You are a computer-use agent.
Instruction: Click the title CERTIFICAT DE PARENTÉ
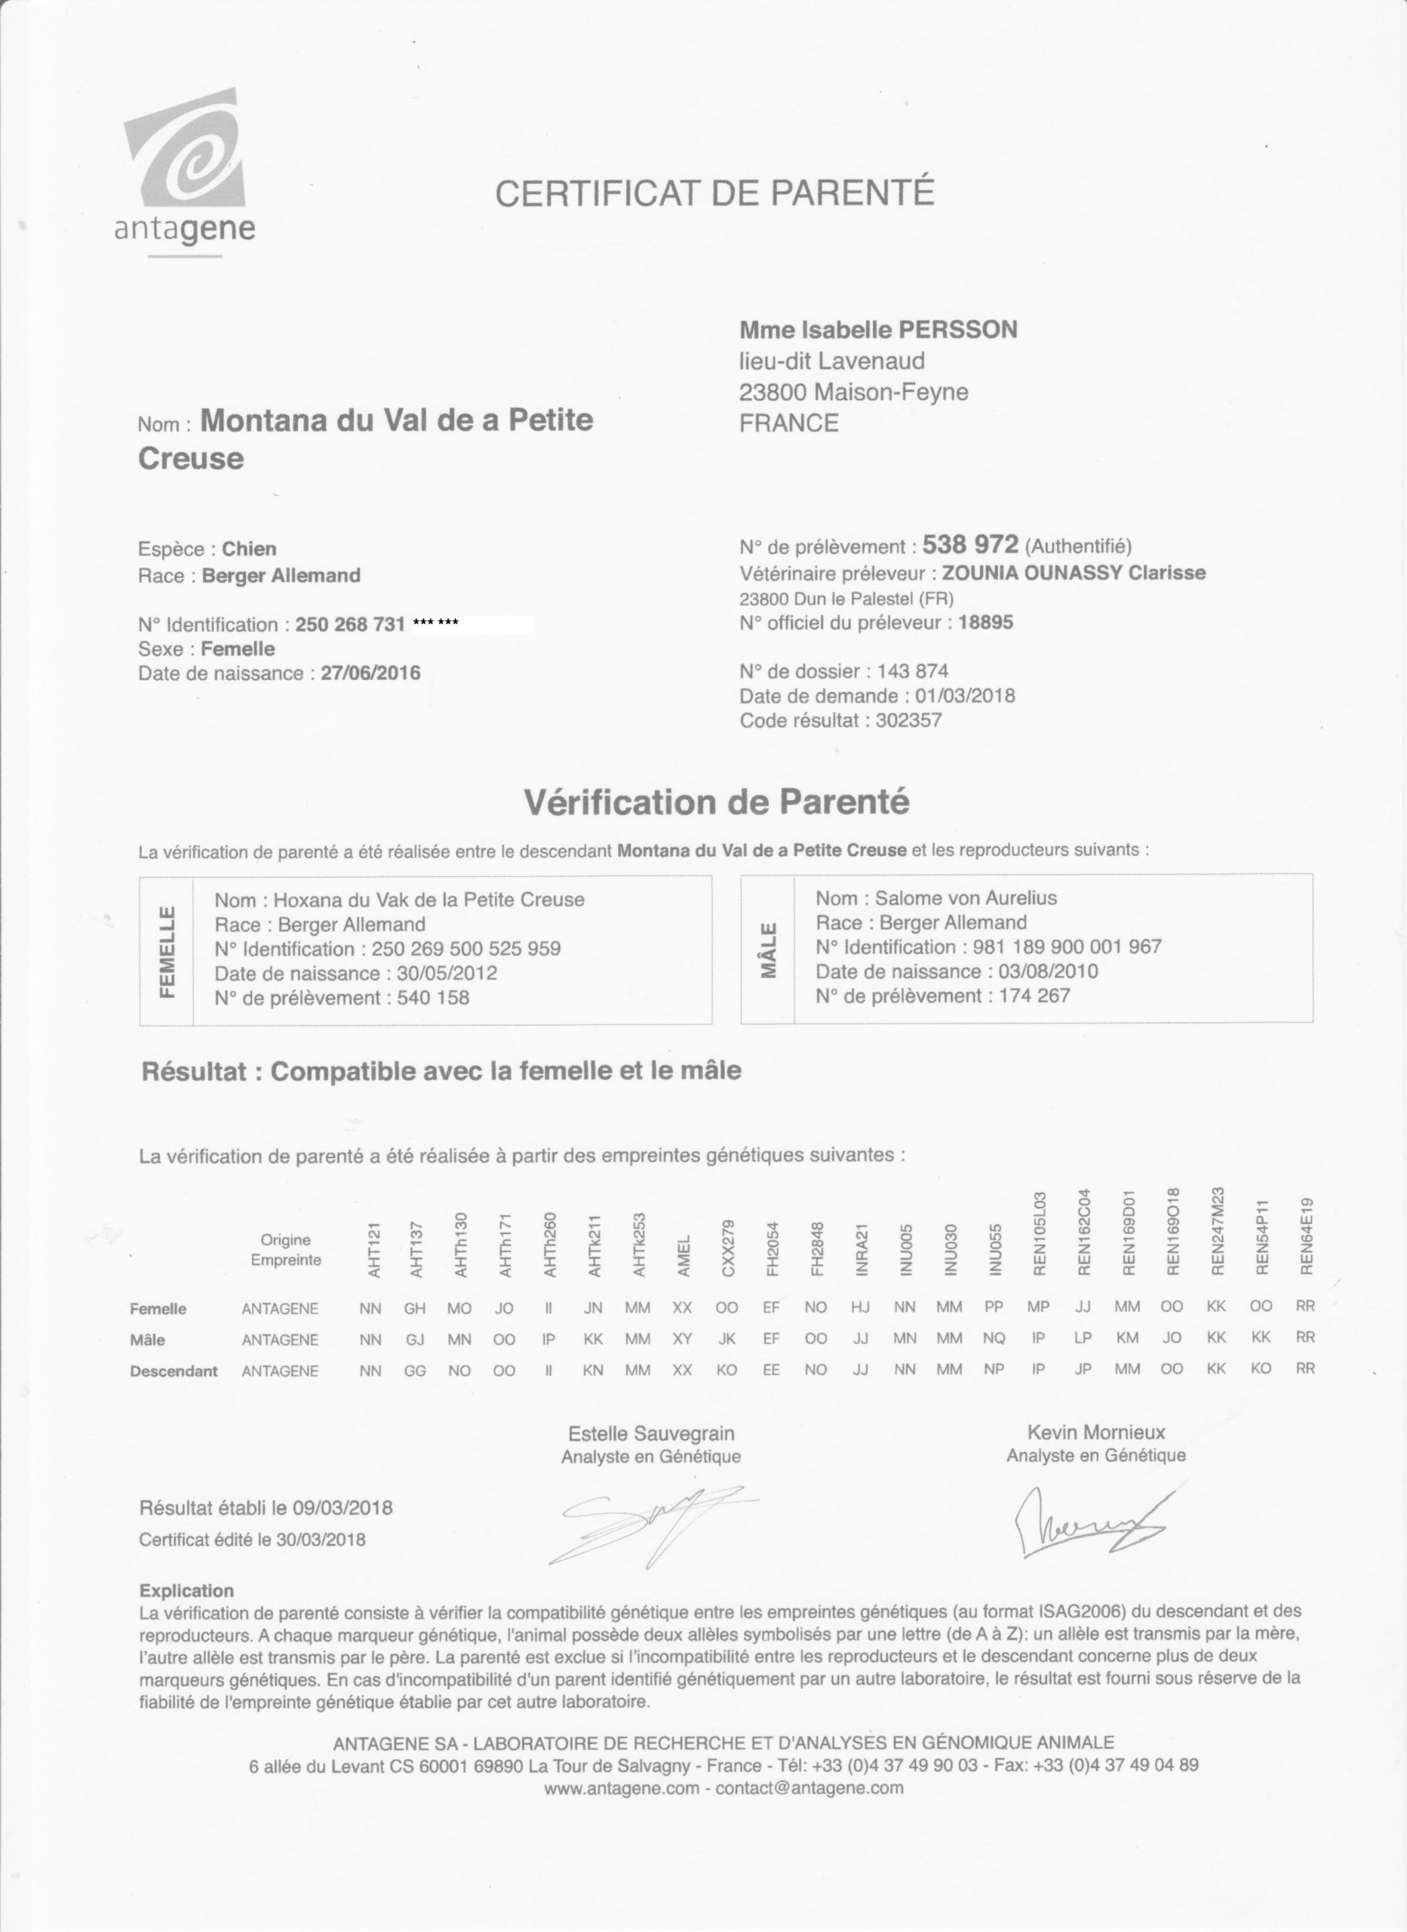pyautogui.click(x=714, y=192)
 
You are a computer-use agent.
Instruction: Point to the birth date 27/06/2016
pyautogui.click(x=370, y=674)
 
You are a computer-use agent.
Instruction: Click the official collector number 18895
pyautogui.click(x=985, y=623)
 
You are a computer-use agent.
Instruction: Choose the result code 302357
pyautogui.click(x=909, y=721)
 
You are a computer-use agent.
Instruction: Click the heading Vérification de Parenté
pyautogui.click(x=715, y=802)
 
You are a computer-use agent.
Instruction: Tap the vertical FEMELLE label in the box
pyautogui.click(x=167, y=951)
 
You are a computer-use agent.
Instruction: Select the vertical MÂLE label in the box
pyautogui.click(x=767, y=950)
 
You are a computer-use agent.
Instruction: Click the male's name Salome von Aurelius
pyautogui.click(x=965, y=898)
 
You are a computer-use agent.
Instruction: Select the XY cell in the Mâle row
pyautogui.click(x=682, y=1339)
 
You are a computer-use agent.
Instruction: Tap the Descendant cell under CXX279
pyautogui.click(x=727, y=1370)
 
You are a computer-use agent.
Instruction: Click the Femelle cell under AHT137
pyautogui.click(x=415, y=1308)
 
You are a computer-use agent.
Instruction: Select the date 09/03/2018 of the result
pyautogui.click(x=343, y=1508)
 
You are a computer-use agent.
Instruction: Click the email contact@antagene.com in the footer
pyautogui.click(x=808, y=1789)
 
